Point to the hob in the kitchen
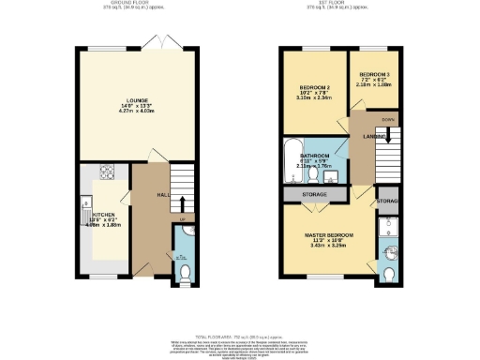(x=106, y=173)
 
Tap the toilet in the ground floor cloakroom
(x=185, y=272)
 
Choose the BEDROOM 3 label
(x=373, y=72)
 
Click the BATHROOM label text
(x=315, y=156)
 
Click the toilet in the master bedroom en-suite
(x=389, y=273)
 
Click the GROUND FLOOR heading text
(x=138, y=4)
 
